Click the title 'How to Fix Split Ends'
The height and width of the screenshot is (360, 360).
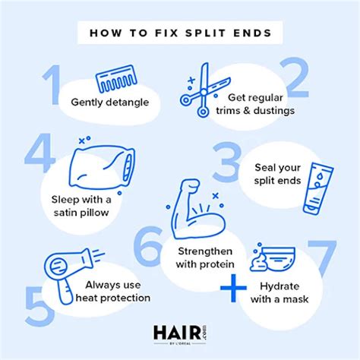point(180,33)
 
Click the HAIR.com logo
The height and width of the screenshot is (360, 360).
point(180,333)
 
